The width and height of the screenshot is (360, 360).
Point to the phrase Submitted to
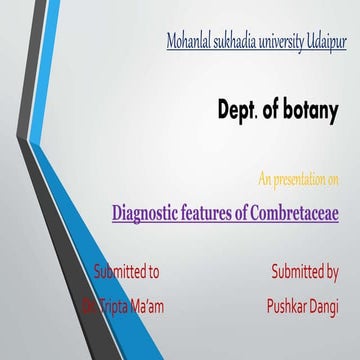(125, 271)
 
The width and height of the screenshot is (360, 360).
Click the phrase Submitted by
(304, 271)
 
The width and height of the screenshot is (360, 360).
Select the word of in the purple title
(252, 213)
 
